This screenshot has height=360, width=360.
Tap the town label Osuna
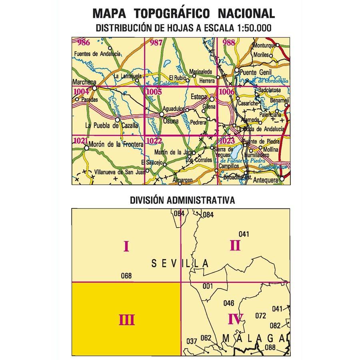tap(171, 121)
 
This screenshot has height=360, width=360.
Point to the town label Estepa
tap(199, 96)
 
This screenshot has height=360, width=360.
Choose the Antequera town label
tap(266, 180)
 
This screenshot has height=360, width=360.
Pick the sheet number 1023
tap(227, 141)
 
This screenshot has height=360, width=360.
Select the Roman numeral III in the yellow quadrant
tap(126, 320)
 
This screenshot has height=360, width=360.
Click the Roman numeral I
tap(126, 246)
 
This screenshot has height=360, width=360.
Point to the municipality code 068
tap(126, 276)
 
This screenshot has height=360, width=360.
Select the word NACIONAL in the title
tap(246, 14)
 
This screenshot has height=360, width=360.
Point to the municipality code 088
tap(270, 347)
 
